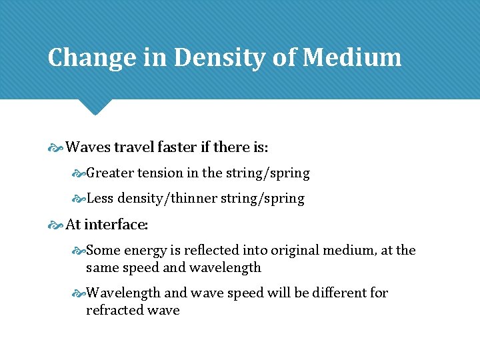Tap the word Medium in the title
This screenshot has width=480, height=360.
[x=352, y=58]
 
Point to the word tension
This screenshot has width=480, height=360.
[x=161, y=173]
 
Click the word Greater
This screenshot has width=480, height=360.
[x=111, y=173]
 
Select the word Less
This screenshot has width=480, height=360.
[x=100, y=199]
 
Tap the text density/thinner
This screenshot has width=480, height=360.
[x=160, y=199]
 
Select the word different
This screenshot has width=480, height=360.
[x=326, y=293]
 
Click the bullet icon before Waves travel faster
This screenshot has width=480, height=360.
[x=56, y=147]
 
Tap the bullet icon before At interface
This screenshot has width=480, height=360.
[x=56, y=225]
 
